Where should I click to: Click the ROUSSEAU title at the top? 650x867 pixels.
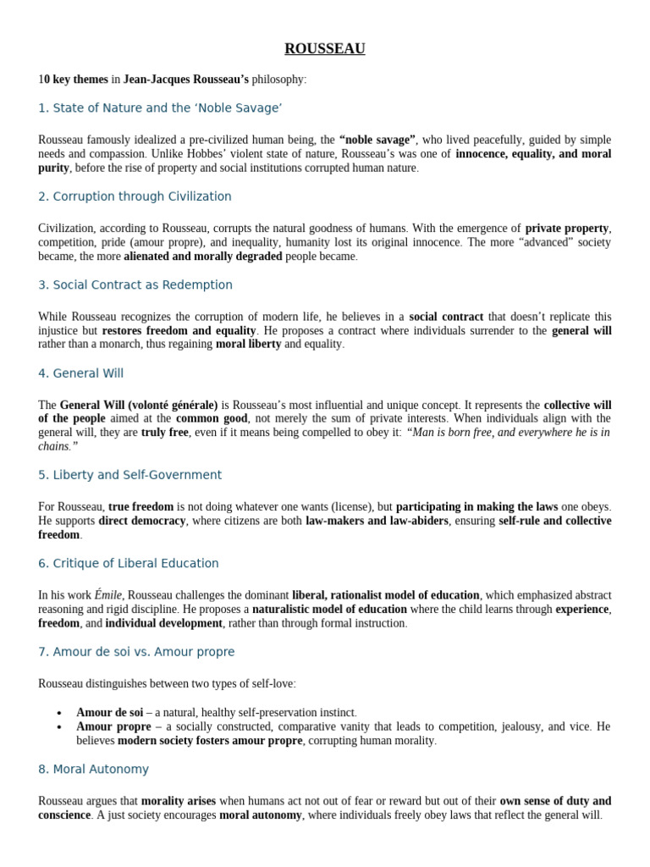pyautogui.click(x=325, y=48)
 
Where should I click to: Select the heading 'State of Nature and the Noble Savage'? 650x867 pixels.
pyautogui.click(x=160, y=108)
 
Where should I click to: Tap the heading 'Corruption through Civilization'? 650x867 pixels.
pyautogui.click(x=135, y=196)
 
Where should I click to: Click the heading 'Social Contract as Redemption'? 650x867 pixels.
pyautogui.click(x=135, y=284)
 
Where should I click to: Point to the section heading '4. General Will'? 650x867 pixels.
pyautogui.click(x=81, y=373)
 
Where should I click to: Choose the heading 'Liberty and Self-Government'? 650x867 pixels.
pyautogui.click(x=129, y=475)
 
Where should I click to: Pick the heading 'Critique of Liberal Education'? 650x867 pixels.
pyautogui.click(x=129, y=563)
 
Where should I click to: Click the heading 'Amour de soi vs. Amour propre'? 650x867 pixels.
pyautogui.click(x=136, y=652)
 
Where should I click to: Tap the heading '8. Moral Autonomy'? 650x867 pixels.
pyautogui.click(x=93, y=769)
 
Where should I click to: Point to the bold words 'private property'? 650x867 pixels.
pyautogui.click(x=567, y=228)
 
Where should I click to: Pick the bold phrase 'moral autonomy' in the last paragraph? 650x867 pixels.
pyautogui.click(x=260, y=815)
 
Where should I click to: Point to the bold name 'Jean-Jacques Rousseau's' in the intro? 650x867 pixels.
pyautogui.click(x=186, y=80)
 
